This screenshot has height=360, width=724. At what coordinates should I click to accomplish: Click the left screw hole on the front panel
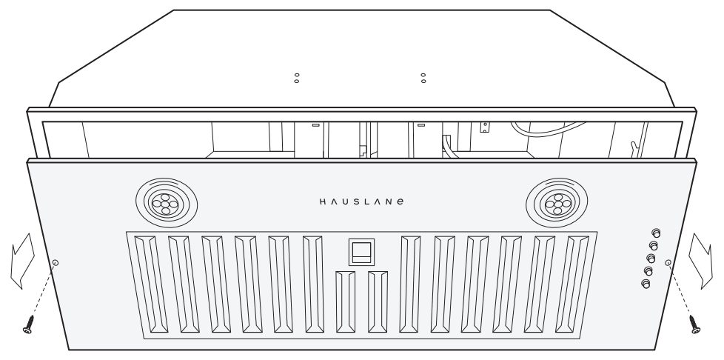click(x=56, y=263)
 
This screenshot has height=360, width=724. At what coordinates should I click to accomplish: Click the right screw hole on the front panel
click(x=668, y=262)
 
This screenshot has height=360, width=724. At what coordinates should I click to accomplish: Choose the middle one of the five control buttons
click(x=651, y=258)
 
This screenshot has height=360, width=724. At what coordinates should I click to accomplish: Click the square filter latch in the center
click(x=361, y=252)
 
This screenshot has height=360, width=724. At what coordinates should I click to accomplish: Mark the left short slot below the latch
click(x=344, y=304)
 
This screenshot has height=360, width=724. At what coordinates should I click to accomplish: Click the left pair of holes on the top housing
click(x=297, y=78)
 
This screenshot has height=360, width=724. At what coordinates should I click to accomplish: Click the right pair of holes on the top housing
click(x=423, y=78)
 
